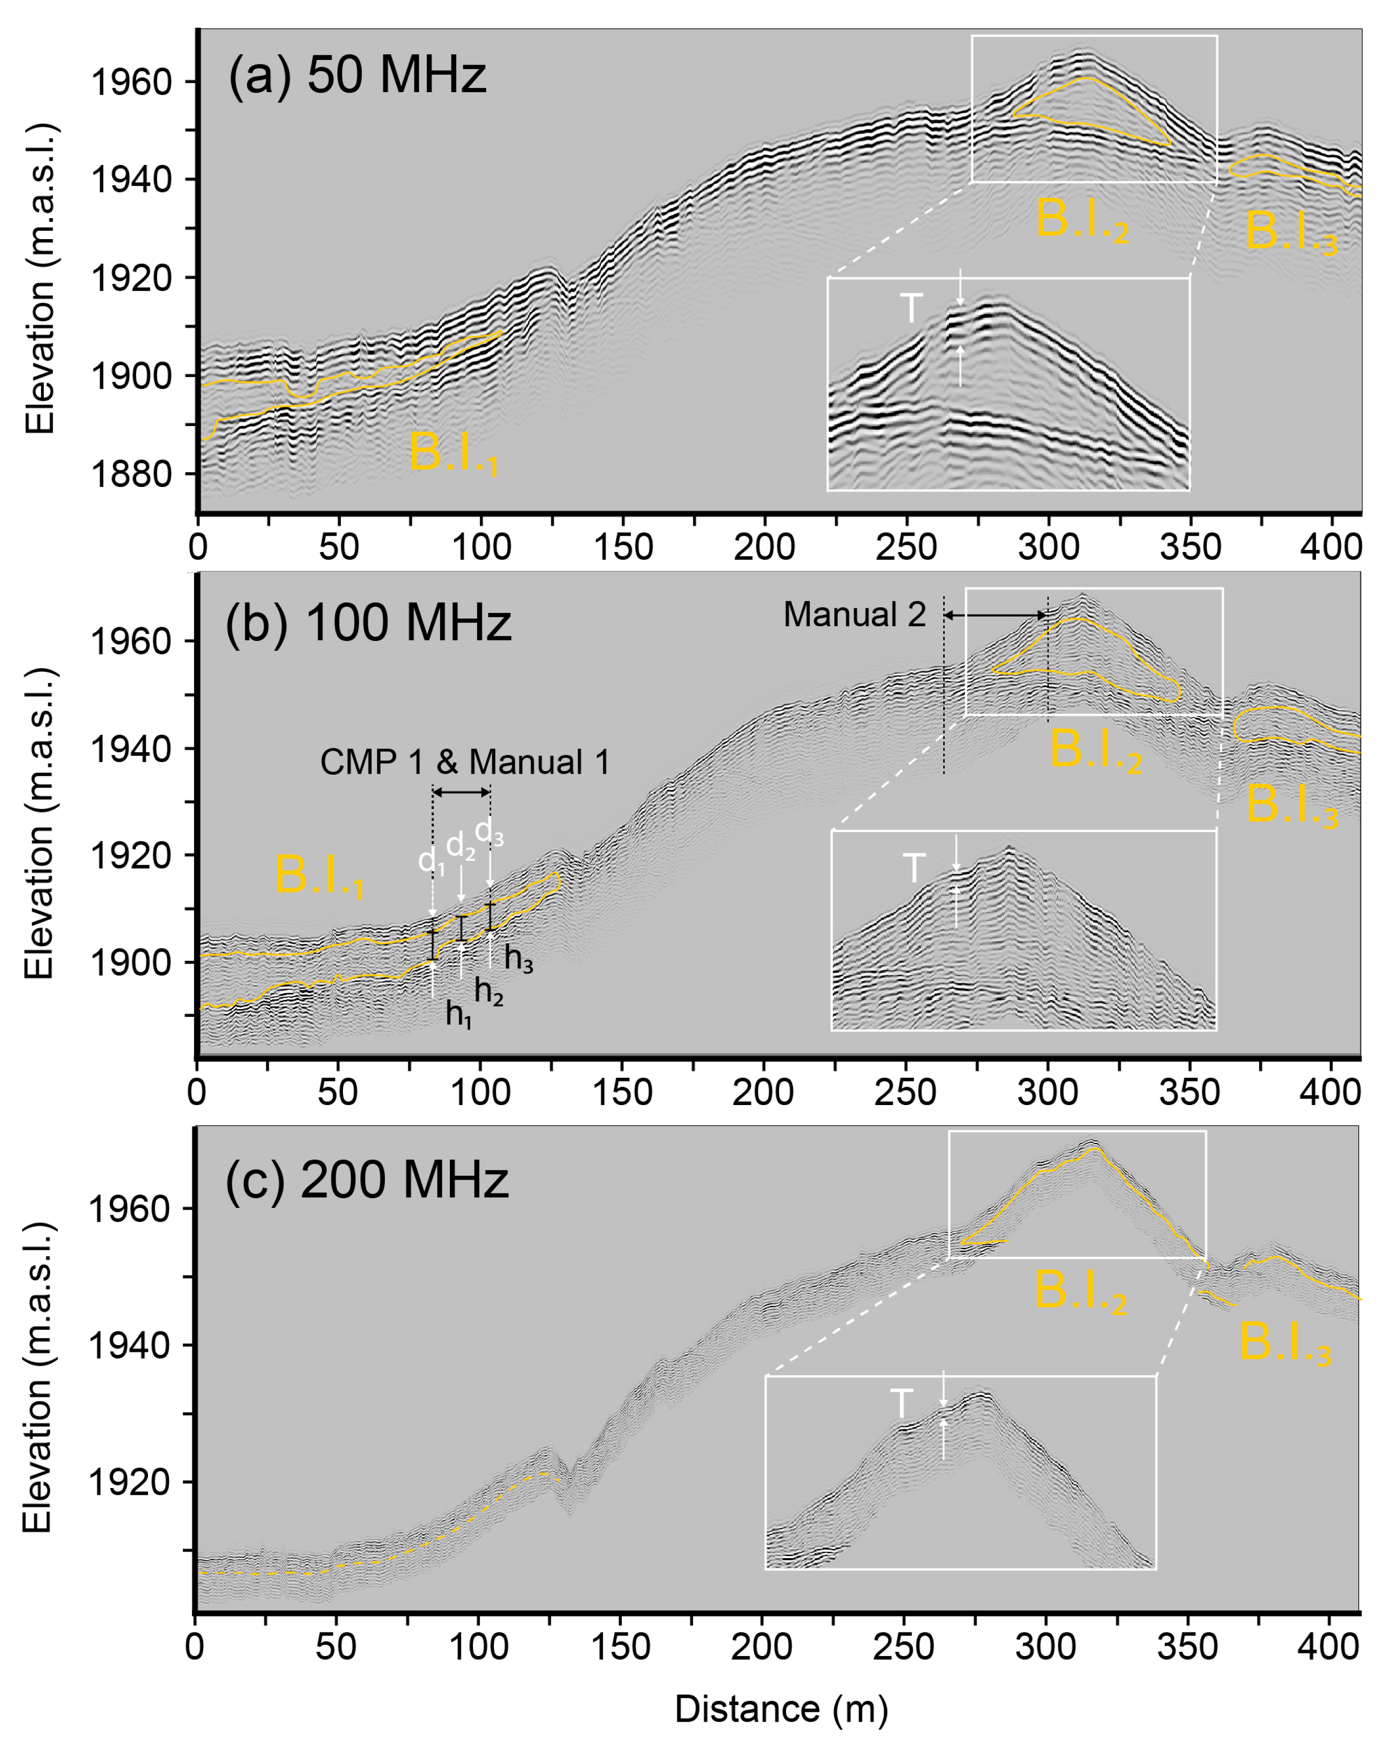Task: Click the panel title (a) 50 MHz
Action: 357,76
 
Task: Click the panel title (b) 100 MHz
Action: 367,622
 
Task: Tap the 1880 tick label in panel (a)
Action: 132,474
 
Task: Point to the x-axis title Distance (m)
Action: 780,1709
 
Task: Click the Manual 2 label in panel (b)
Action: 854,615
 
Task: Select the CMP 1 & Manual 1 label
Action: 464,762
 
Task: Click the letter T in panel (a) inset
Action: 911,309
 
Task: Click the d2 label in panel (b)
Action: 460,846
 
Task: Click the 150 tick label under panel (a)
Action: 623,547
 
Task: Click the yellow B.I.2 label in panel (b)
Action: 1095,749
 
